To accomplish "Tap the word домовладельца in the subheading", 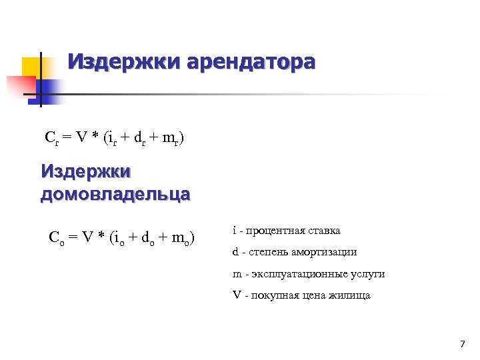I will coord(115,194).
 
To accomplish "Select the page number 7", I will coord(462,344).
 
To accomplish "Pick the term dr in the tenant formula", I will coord(140,139).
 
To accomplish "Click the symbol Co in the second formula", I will coord(56,237).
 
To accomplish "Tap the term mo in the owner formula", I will coord(180,237).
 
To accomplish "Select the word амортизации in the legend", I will coord(326,252).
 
